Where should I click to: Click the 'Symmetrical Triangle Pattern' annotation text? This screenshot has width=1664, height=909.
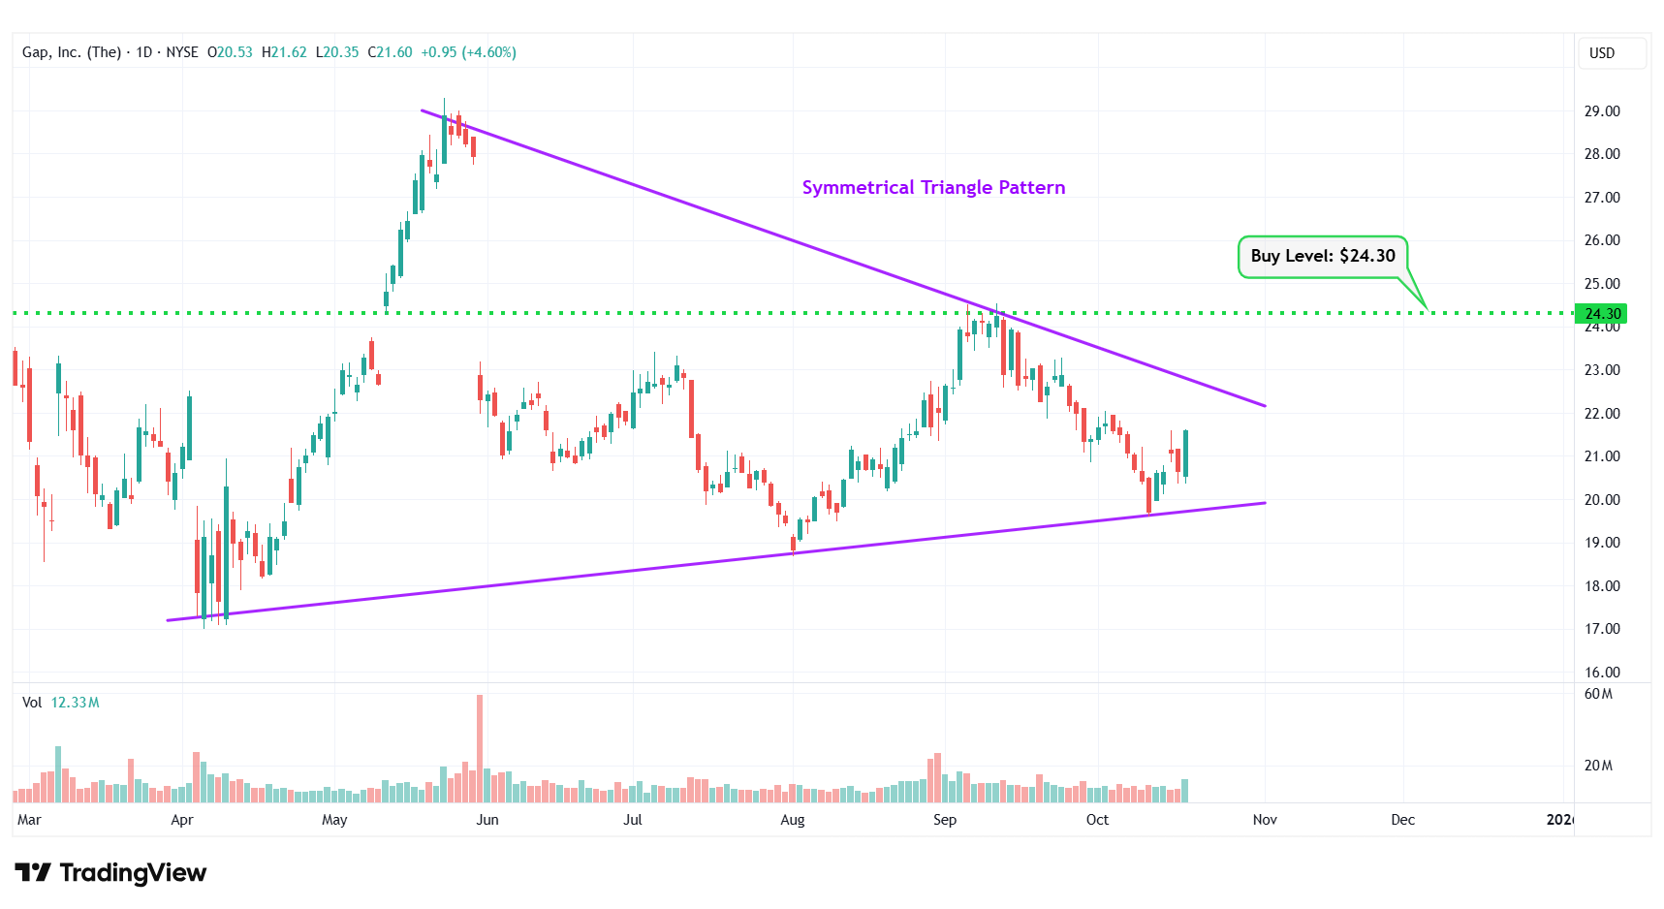[933, 187]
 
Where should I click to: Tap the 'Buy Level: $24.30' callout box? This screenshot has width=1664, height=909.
[1322, 256]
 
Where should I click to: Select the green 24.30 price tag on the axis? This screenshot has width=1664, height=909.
[1601, 314]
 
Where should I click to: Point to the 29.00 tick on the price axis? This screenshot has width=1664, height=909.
[1601, 111]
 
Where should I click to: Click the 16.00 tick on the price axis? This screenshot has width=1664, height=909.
[1601, 672]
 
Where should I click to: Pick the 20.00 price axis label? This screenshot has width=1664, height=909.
[1601, 500]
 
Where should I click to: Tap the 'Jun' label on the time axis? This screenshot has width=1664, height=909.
[487, 820]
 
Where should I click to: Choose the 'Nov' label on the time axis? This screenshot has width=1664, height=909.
[1264, 820]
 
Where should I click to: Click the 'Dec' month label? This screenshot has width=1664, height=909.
[1402, 820]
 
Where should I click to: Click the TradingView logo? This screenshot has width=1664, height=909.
[110, 873]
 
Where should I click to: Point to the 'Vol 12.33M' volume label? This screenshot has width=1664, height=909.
[60, 703]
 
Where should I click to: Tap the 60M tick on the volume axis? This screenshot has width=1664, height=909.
[1598, 694]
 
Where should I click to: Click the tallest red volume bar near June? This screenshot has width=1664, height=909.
[479, 746]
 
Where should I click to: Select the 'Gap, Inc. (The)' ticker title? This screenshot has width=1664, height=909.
[72, 52]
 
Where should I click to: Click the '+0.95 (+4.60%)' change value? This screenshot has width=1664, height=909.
[468, 52]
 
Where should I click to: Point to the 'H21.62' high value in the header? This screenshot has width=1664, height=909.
[284, 52]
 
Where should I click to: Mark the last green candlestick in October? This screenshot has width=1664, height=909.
[1185, 454]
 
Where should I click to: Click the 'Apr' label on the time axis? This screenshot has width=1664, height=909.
[181, 820]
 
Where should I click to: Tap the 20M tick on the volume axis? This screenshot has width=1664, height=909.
[1598, 766]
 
